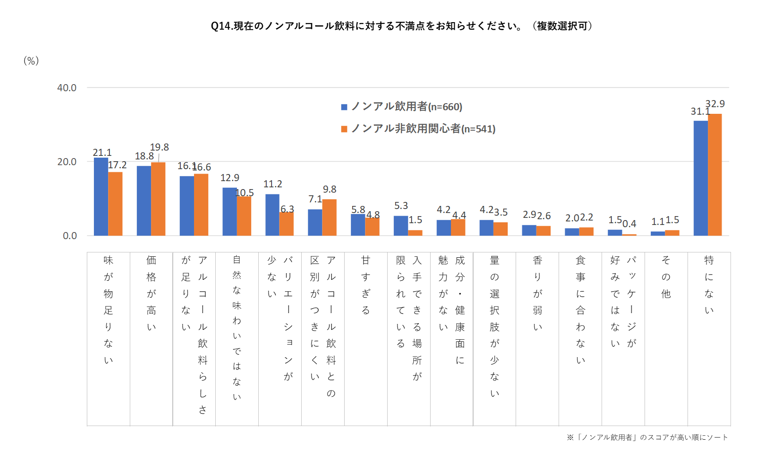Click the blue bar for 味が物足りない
pos(101,197)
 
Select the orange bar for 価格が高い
pos(158,199)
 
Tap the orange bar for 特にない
pos(715,175)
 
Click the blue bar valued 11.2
pos(272,215)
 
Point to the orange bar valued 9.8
pos(329,217)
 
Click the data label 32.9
pos(715,104)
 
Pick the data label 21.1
pos(102,152)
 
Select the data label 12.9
pos(229,178)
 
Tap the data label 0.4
pos(629,224)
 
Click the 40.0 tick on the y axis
pos(66,88)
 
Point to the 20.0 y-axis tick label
pos(66,162)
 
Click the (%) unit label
pos(31,61)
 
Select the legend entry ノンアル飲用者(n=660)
pos(406,107)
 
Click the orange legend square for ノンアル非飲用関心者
pos(344,129)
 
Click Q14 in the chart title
pos(221,26)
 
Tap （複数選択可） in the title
pos(562,26)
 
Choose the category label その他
pos(665,277)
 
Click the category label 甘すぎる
pos(365,285)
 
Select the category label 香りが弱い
pos(537,293)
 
